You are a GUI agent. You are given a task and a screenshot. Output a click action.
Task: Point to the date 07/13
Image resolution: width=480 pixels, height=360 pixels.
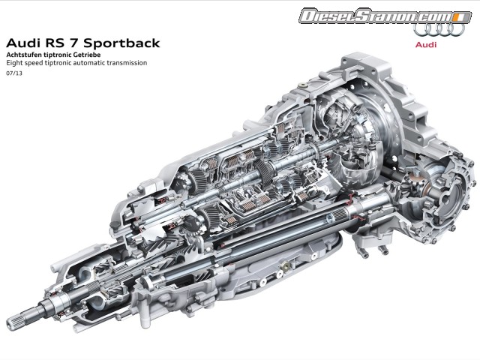(x=13, y=73)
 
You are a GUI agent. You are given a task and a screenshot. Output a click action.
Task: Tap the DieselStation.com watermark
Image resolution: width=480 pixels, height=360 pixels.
(x=375, y=16)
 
